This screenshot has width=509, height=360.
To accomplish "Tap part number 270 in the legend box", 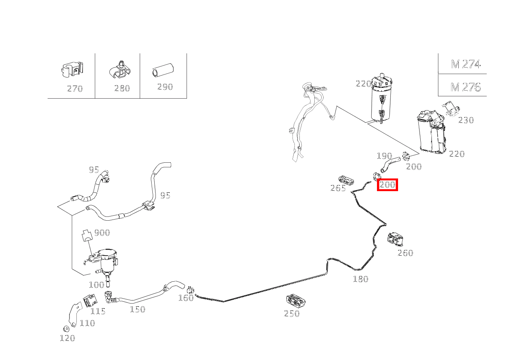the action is [x=75, y=88].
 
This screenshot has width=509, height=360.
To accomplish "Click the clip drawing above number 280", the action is [x=120, y=70].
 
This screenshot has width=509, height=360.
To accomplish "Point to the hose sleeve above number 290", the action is [x=163, y=70].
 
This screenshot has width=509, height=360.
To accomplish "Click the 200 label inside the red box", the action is [x=387, y=185].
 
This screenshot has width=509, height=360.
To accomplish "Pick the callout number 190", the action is [x=384, y=156].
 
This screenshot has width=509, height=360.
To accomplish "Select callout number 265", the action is [x=338, y=188].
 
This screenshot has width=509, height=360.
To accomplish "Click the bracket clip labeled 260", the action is [x=395, y=239].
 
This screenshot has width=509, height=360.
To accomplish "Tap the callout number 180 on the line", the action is [x=360, y=279].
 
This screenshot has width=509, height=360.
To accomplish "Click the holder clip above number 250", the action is [x=296, y=301].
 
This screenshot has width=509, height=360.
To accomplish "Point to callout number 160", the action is [x=186, y=298].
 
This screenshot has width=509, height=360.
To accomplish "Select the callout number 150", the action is [x=137, y=309].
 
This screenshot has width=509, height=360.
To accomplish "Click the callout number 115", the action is [x=98, y=311].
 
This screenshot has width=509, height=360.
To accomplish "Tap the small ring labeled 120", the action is [x=66, y=329].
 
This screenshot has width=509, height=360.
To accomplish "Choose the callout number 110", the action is [x=87, y=323].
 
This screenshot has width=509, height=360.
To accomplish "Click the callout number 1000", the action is [x=97, y=285].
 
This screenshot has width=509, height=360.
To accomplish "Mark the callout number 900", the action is [x=102, y=232].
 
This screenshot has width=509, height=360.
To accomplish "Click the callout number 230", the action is [x=466, y=120].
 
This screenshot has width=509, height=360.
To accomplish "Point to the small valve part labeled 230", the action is [x=450, y=109].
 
